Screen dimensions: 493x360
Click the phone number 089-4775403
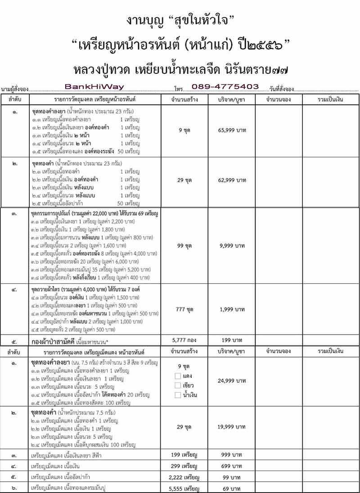225,86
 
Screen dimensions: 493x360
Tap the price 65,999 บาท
232,130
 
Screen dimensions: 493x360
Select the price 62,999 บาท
232,180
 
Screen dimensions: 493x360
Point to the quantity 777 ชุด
185,309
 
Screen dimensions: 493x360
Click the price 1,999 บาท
232,309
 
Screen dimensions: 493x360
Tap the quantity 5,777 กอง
185,340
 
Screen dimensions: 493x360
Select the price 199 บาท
232,340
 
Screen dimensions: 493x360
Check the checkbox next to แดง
177,375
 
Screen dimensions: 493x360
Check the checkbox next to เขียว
177,385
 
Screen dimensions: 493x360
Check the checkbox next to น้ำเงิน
177,395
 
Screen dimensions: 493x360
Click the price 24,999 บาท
232,380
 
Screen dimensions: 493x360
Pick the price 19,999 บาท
232,426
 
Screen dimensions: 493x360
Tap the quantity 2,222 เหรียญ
185,477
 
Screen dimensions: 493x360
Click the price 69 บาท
232,488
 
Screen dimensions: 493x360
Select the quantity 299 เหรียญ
185,466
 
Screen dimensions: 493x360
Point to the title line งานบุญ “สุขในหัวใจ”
180,20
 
